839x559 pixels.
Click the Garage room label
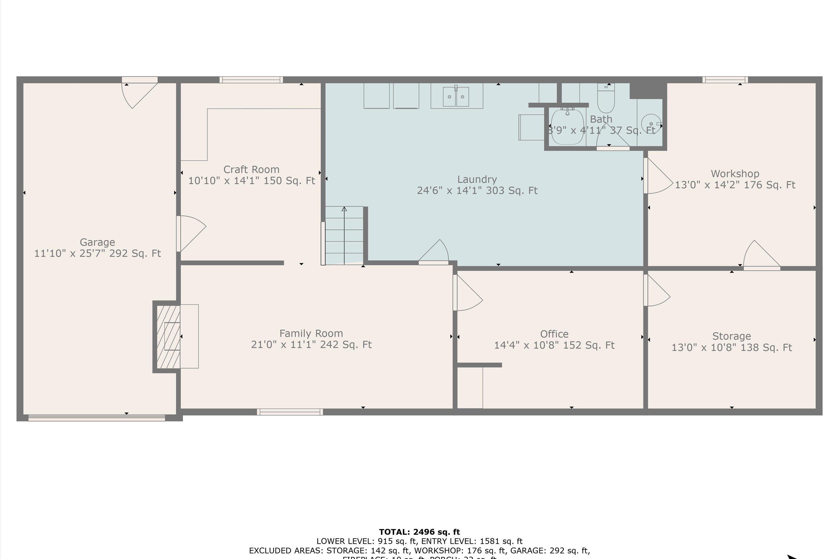click(97, 242)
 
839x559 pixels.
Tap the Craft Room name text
click(251, 169)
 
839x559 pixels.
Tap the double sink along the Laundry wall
click(456, 96)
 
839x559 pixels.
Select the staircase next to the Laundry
click(344, 236)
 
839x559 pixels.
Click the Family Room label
click(311, 333)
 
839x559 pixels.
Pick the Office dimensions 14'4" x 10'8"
click(554, 345)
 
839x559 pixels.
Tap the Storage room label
click(731, 336)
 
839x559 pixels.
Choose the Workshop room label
click(735, 174)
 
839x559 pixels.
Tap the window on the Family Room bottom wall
click(290, 412)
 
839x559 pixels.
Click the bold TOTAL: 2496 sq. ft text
click(419, 532)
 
